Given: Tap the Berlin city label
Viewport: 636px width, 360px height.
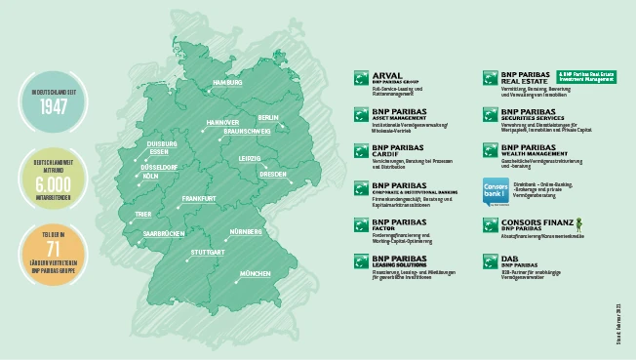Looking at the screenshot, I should pyautogui.click(x=268, y=118).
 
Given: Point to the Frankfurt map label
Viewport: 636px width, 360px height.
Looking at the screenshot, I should pyautogui.click(x=198, y=199).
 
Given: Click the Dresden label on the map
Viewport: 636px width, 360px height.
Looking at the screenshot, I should pyautogui.click(x=272, y=175).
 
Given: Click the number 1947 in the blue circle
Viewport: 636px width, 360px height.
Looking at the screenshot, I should pyautogui.click(x=45, y=106).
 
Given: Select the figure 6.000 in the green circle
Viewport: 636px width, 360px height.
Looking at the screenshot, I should pyautogui.click(x=45, y=186).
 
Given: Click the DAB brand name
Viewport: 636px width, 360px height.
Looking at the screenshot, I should pyautogui.click(x=509, y=260).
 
